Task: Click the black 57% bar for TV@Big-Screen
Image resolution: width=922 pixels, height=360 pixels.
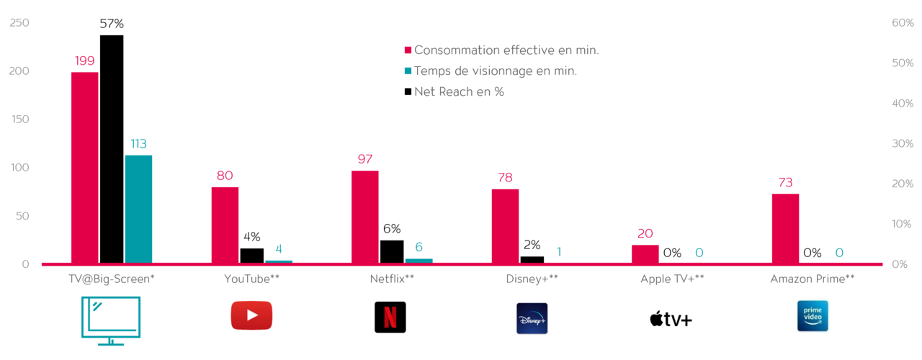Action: coord(112,149)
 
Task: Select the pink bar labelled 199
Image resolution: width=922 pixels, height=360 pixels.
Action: coord(85,168)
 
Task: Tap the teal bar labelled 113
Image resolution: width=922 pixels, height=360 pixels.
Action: coord(138,209)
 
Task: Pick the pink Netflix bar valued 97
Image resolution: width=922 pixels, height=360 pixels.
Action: coord(365,217)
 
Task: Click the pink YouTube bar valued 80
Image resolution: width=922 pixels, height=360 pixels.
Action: coord(225,225)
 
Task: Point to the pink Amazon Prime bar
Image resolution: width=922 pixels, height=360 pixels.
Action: coord(785,228)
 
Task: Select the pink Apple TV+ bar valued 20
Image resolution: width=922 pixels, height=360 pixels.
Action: coord(645,254)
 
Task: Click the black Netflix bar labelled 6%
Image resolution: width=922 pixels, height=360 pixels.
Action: coord(392,251)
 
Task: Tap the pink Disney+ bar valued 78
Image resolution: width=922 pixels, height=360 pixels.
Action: coord(505,226)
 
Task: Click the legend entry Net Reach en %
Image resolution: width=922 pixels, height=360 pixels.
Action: coord(459,91)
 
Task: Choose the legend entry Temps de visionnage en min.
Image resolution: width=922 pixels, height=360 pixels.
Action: coord(496,71)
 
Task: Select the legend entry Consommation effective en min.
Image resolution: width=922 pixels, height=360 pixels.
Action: coord(506,50)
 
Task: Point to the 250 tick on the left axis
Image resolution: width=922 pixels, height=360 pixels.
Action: coord(19,23)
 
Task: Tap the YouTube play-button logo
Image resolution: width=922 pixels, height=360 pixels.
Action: coord(251,315)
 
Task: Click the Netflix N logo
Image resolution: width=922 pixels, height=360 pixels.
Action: coord(390,317)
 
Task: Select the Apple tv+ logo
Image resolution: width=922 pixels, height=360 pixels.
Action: coord(670,319)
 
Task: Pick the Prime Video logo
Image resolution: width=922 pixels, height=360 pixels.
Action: coord(813,316)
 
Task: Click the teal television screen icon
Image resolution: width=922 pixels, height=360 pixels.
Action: coord(111,320)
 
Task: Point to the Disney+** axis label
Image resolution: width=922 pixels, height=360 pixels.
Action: coord(532,279)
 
